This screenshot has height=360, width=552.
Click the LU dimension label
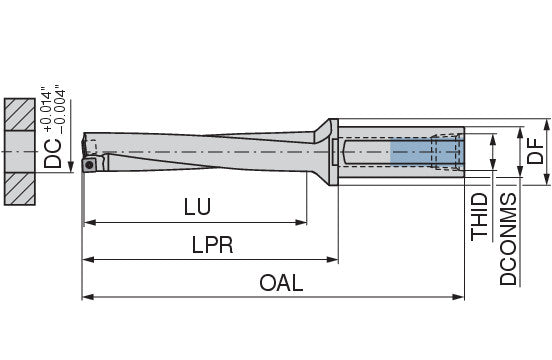[197, 207]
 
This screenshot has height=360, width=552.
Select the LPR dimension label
[213, 245]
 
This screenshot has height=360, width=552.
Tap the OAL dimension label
[281, 283]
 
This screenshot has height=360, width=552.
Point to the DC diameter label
[52, 153]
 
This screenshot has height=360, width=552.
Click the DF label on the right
[535, 151]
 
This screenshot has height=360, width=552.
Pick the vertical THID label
[479, 217]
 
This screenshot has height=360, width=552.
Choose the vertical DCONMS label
[508, 239]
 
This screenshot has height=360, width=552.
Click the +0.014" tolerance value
[47, 109]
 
